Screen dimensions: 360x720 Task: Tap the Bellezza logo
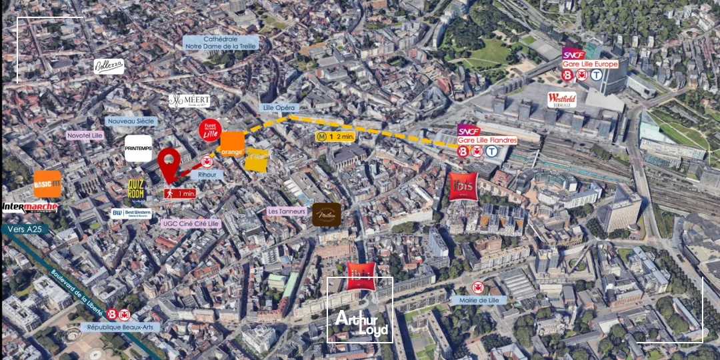109,66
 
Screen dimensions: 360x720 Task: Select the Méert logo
189,101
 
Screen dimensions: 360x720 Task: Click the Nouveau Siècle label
131,121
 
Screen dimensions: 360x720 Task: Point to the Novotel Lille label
85,135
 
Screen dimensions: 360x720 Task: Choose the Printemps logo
139,148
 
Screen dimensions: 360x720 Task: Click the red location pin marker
169,164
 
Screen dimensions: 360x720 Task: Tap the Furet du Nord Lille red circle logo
209,130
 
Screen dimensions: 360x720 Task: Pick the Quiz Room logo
136,189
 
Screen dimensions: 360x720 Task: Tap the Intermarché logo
29,207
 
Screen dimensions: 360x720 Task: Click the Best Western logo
131,214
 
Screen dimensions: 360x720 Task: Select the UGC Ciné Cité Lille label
191,224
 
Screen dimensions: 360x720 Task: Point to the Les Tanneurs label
287,211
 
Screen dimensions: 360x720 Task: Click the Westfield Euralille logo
562,99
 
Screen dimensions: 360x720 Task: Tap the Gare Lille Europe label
590,64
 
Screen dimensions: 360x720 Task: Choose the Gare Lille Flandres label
487,140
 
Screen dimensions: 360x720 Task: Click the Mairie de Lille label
478,300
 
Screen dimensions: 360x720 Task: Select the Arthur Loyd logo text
361,323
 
